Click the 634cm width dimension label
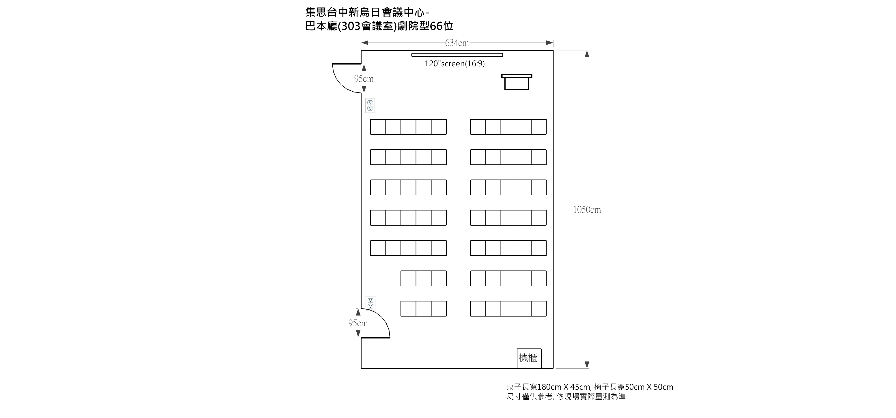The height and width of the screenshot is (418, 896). tap(457, 43)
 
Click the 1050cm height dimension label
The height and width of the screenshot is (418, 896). tap(587, 210)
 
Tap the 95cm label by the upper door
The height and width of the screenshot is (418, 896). tap(364, 79)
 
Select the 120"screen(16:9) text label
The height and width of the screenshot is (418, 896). tap(454, 64)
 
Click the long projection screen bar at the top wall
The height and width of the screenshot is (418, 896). tap(457, 55)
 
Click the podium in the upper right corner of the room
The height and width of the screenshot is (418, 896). tap(517, 82)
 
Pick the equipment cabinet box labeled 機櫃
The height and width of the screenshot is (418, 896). tap(529, 358)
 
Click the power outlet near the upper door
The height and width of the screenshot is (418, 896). tap(370, 105)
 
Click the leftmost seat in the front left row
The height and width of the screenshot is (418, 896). tap(378, 127)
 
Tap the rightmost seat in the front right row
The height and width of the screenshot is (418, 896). tap(539, 127)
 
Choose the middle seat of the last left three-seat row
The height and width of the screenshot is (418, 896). tap(424, 308)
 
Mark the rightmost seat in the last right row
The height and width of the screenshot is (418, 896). tap(539, 308)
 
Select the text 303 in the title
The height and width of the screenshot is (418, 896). tap(351, 26)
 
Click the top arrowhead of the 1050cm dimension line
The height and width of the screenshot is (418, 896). tap(587, 54)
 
